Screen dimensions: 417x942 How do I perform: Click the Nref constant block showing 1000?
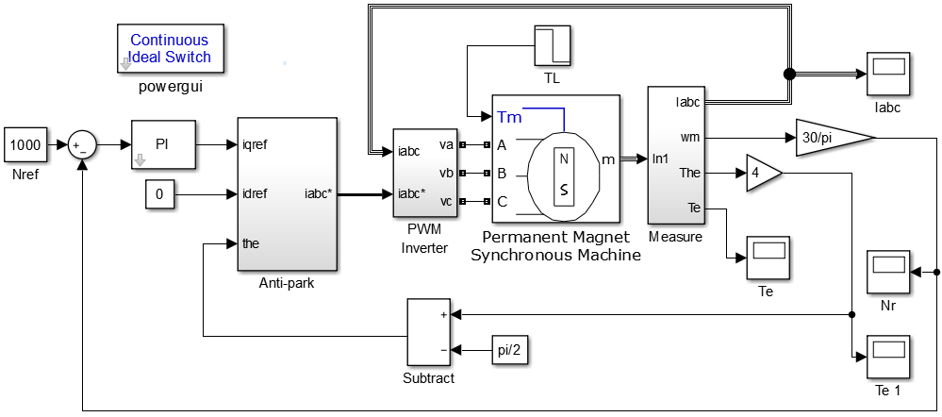(x=26, y=145)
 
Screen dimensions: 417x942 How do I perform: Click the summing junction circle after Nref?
(x=83, y=145)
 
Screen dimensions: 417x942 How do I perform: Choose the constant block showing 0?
(x=159, y=194)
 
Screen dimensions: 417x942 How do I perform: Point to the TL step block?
(x=553, y=45)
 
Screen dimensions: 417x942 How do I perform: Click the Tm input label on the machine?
(x=506, y=116)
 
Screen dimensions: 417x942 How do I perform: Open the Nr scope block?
(x=888, y=273)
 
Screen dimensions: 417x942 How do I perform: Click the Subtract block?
(x=429, y=333)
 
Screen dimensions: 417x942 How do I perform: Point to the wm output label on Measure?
(x=691, y=137)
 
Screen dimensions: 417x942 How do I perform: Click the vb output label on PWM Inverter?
(x=449, y=174)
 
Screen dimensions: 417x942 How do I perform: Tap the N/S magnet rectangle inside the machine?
(x=564, y=174)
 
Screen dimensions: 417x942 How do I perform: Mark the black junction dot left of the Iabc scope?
(x=789, y=74)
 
